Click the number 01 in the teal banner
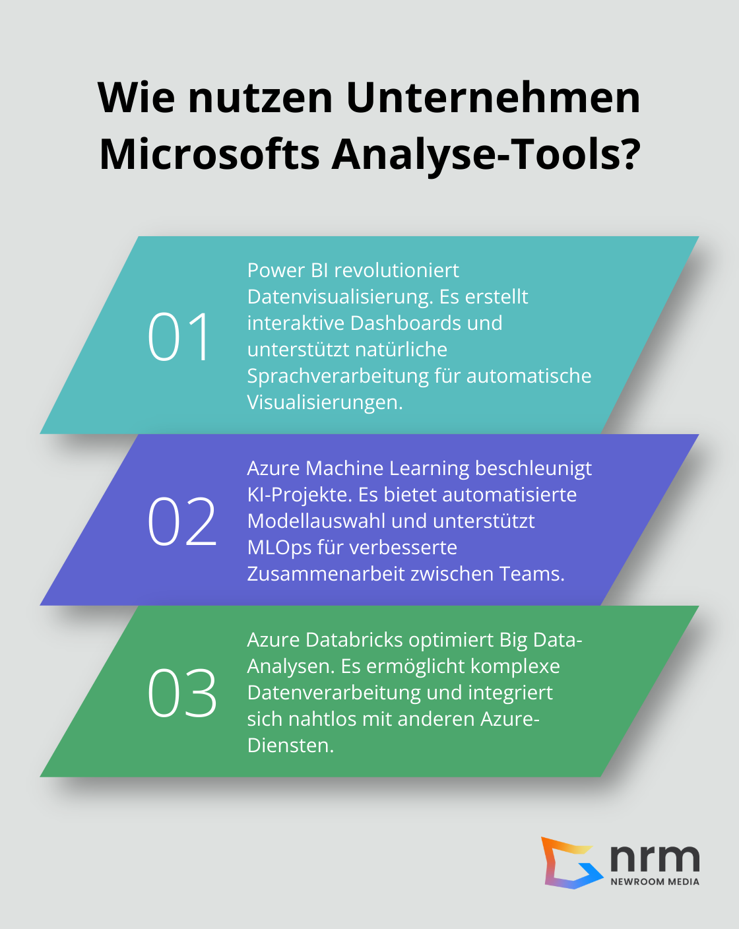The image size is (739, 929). [179, 337]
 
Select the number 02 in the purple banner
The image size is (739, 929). [182, 522]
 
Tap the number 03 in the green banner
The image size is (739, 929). [182, 693]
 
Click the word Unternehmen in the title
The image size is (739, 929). [493, 98]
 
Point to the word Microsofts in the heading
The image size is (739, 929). [209, 154]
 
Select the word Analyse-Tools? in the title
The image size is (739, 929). [486, 154]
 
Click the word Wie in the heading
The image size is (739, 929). [137, 98]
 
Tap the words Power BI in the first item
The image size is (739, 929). [288, 271]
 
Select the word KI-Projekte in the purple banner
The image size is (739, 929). [299, 495]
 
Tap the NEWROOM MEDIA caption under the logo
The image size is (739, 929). [655, 881]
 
